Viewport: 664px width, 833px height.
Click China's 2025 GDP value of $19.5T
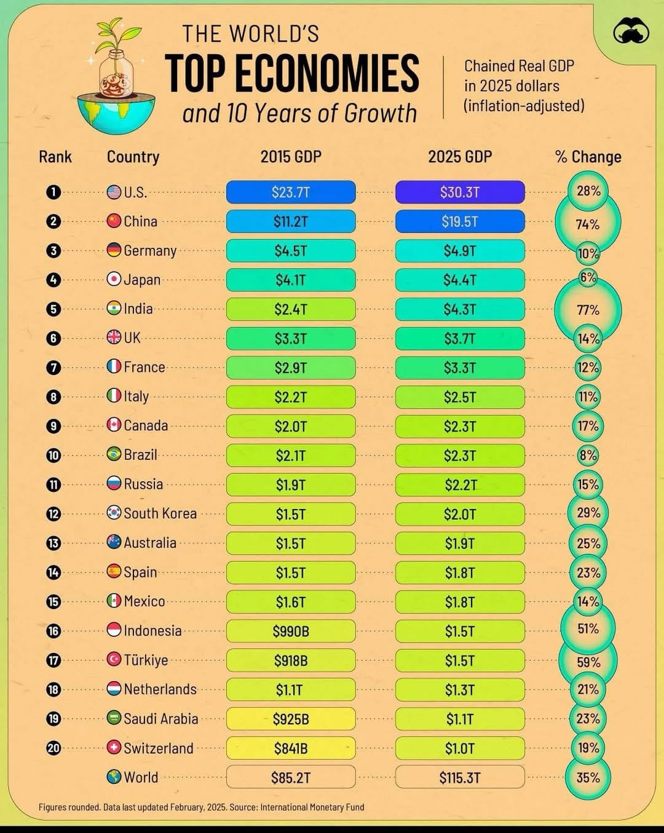[x=460, y=221]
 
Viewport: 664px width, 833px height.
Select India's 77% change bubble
[x=588, y=310]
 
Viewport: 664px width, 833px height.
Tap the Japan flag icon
[x=114, y=279]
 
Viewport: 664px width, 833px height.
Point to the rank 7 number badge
[x=53, y=368]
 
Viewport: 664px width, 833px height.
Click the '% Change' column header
[x=588, y=157]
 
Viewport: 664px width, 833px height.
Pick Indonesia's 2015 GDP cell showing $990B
[x=291, y=631]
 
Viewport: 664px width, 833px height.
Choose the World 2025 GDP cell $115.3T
[x=460, y=777]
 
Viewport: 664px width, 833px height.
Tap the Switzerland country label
[x=158, y=748]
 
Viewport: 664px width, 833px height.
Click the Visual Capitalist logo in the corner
[x=631, y=31]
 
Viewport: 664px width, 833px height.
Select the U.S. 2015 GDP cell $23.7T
[x=291, y=192]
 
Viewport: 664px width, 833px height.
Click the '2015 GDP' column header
[x=291, y=157]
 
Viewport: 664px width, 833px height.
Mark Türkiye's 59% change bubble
[x=588, y=661]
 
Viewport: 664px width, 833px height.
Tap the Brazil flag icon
[x=114, y=454]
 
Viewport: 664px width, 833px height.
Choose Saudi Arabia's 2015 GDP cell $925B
[x=291, y=719]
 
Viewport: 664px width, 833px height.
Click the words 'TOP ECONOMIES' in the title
[x=292, y=74]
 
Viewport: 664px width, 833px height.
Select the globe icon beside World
[x=114, y=777]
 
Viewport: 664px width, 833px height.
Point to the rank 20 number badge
[x=53, y=748]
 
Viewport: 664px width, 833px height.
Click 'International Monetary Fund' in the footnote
[x=312, y=807]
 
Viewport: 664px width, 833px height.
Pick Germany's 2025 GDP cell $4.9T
[x=460, y=251]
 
